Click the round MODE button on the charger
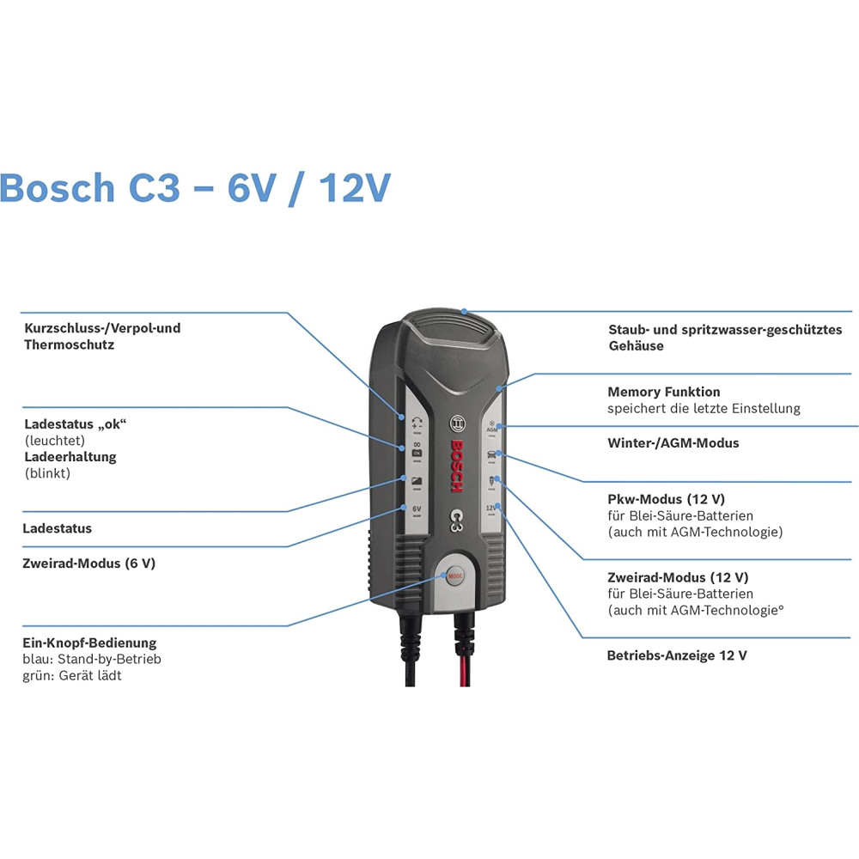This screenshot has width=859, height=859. pos(454,576)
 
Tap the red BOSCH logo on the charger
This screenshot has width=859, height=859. pos(457,466)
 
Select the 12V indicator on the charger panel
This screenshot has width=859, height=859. pos(491,509)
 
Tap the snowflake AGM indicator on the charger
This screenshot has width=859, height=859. pos(492,426)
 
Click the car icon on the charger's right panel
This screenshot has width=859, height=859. pos(491,454)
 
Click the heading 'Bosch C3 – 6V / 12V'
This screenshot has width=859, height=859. pos(195,188)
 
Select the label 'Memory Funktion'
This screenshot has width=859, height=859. pos(663,392)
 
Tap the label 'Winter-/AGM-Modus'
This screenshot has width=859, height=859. pos(673,442)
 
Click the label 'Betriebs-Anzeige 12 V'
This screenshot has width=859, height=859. pos(677,655)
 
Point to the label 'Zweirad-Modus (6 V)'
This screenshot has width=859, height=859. pos(88,564)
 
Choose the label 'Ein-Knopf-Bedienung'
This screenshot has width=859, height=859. pos(89,643)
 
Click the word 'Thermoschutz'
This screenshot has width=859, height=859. pos(69,344)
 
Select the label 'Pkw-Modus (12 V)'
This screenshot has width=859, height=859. pos(667,499)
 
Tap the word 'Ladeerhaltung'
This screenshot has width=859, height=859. pos(70,457)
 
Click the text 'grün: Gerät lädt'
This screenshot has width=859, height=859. pos(72,675)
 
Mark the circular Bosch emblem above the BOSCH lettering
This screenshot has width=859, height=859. pos(457,423)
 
